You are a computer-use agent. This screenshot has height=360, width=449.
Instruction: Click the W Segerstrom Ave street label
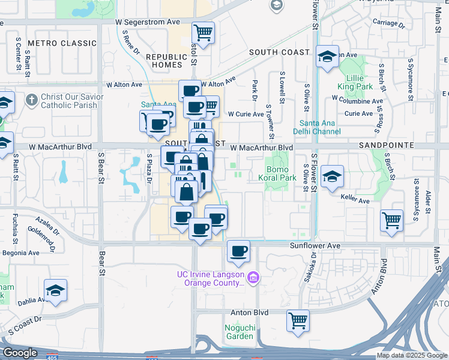tap(148, 22)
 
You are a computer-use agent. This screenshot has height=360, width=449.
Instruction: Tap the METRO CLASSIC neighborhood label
tap(62, 43)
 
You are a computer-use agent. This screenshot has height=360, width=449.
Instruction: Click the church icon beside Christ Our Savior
tap(32, 98)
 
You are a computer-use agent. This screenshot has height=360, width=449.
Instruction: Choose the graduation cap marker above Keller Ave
tap(332, 176)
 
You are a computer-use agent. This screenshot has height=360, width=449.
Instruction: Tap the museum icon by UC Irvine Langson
tap(253, 277)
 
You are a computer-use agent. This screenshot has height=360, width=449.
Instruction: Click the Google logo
tap(20, 353)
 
